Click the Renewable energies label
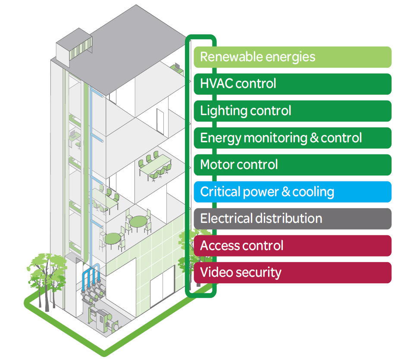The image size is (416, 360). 292,57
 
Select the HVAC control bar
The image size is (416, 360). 292,84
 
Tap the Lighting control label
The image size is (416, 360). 292,111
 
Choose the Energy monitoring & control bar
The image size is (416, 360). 292,138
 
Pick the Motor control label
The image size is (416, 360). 292,165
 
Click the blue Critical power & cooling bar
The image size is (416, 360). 292,192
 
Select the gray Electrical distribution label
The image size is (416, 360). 292,219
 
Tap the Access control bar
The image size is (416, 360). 292,246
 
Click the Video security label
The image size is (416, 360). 292,272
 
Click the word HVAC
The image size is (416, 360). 217,84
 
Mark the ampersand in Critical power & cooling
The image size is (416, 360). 285,192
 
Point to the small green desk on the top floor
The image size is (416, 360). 176,67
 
